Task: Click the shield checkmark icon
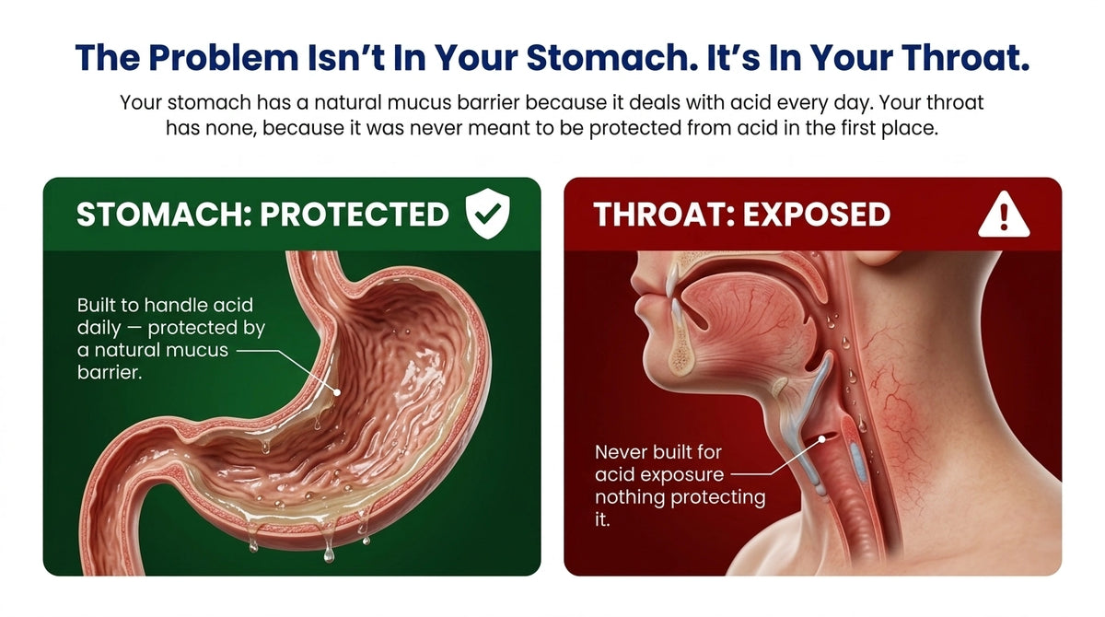point(487,214)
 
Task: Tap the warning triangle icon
point(1004,215)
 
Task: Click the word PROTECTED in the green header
point(355,214)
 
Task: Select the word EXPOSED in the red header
point(817,214)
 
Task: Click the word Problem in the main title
point(224,58)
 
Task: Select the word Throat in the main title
point(966,58)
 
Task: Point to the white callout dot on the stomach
point(337,392)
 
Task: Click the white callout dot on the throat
point(821,438)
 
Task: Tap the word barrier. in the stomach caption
point(110,372)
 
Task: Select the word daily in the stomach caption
point(99,329)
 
